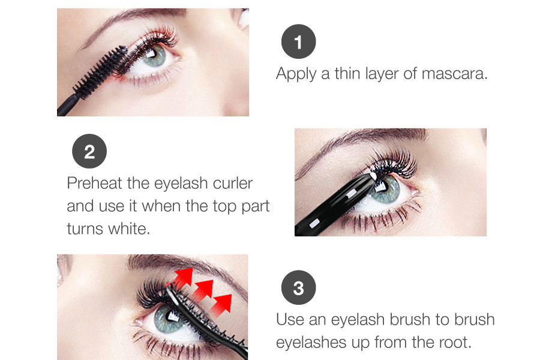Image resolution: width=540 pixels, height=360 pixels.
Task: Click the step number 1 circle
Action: pos(299,41)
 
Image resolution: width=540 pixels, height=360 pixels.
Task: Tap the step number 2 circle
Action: pos(89,151)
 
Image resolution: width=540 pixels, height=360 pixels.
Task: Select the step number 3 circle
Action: pos(299,287)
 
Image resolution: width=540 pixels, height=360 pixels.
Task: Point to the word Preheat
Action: pos(94,183)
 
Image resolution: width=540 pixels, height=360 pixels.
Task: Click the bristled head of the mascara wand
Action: pos(100,71)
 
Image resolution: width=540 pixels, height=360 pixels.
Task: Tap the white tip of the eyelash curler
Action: pos(373,177)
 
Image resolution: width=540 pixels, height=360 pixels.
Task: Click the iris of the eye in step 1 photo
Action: pos(154,55)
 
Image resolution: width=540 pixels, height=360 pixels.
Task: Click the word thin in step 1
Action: pos(347,74)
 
